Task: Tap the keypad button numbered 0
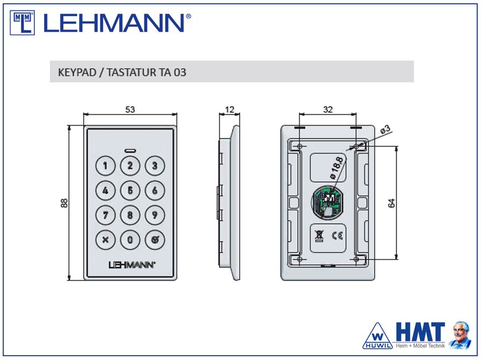click(x=130, y=239)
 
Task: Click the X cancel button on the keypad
click(x=105, y=239)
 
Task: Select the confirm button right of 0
click(x=155, y=239)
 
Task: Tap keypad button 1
click(x=105, y=166)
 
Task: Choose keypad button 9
click(x=155, y=215)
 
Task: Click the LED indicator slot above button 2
click(x=130, y=151)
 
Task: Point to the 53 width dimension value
click(x=130, y=109)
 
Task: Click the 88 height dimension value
click(x=64, y=203)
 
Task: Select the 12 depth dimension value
click(x=229, y=109)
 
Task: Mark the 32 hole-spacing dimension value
click(x=328, y=109)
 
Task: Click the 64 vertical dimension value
click(x=392, y=203)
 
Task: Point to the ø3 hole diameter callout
click(x=385, y=129)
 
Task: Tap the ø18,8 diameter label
click(x=337, y=168)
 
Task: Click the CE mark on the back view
click(x=338, y=236)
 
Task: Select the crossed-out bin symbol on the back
click(x=319, y=236)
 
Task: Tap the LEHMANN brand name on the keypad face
click(x=132, y=265)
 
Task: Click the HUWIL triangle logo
click(x=377, y=336)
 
